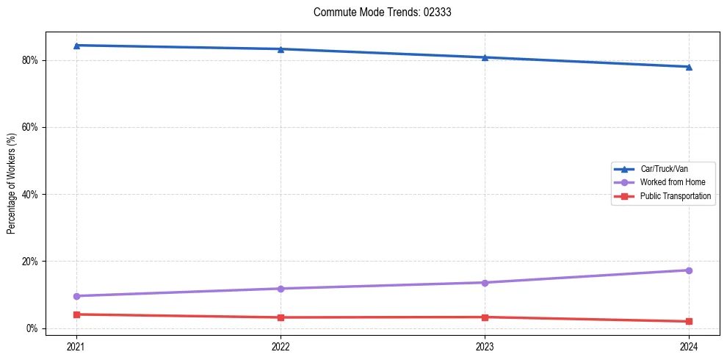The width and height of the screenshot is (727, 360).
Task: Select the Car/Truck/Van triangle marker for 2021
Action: coord(76,46)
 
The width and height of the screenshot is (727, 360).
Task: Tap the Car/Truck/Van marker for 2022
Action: coord(281,49)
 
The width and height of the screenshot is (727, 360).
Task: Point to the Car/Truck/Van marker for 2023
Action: coord(485,57)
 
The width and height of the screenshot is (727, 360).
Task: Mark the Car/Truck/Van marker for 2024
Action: coord(689,67)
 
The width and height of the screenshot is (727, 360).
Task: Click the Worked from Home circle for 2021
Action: coord(76,296)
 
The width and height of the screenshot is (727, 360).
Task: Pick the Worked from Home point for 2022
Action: coord(281,289)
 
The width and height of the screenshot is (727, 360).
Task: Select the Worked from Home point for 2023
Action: coord(485,283)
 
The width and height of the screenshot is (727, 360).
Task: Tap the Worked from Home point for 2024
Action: coord(689,270)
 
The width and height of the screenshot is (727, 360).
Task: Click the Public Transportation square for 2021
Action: coord(76,314)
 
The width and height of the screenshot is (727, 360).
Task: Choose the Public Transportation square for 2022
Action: coord(281,317)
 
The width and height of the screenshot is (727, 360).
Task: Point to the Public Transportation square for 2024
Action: coord(689,321)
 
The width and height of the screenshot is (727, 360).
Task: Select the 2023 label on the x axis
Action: coord(485,345)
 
